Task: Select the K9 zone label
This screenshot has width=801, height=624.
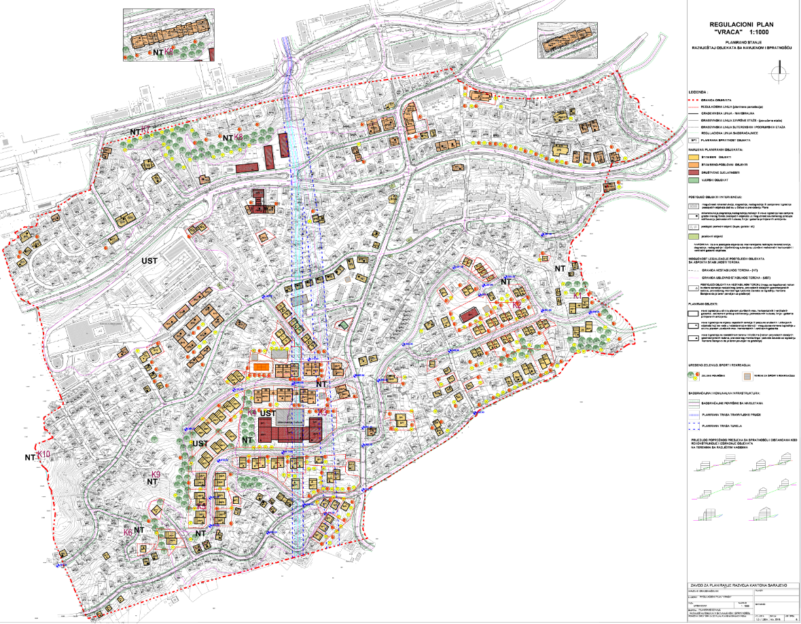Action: (x=156, y=475)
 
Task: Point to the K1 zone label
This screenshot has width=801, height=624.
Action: (x=576, y=295)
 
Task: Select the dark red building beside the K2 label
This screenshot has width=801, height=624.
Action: (x=469, y=316)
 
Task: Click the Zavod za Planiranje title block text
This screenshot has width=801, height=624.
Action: (x=737, y=585)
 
